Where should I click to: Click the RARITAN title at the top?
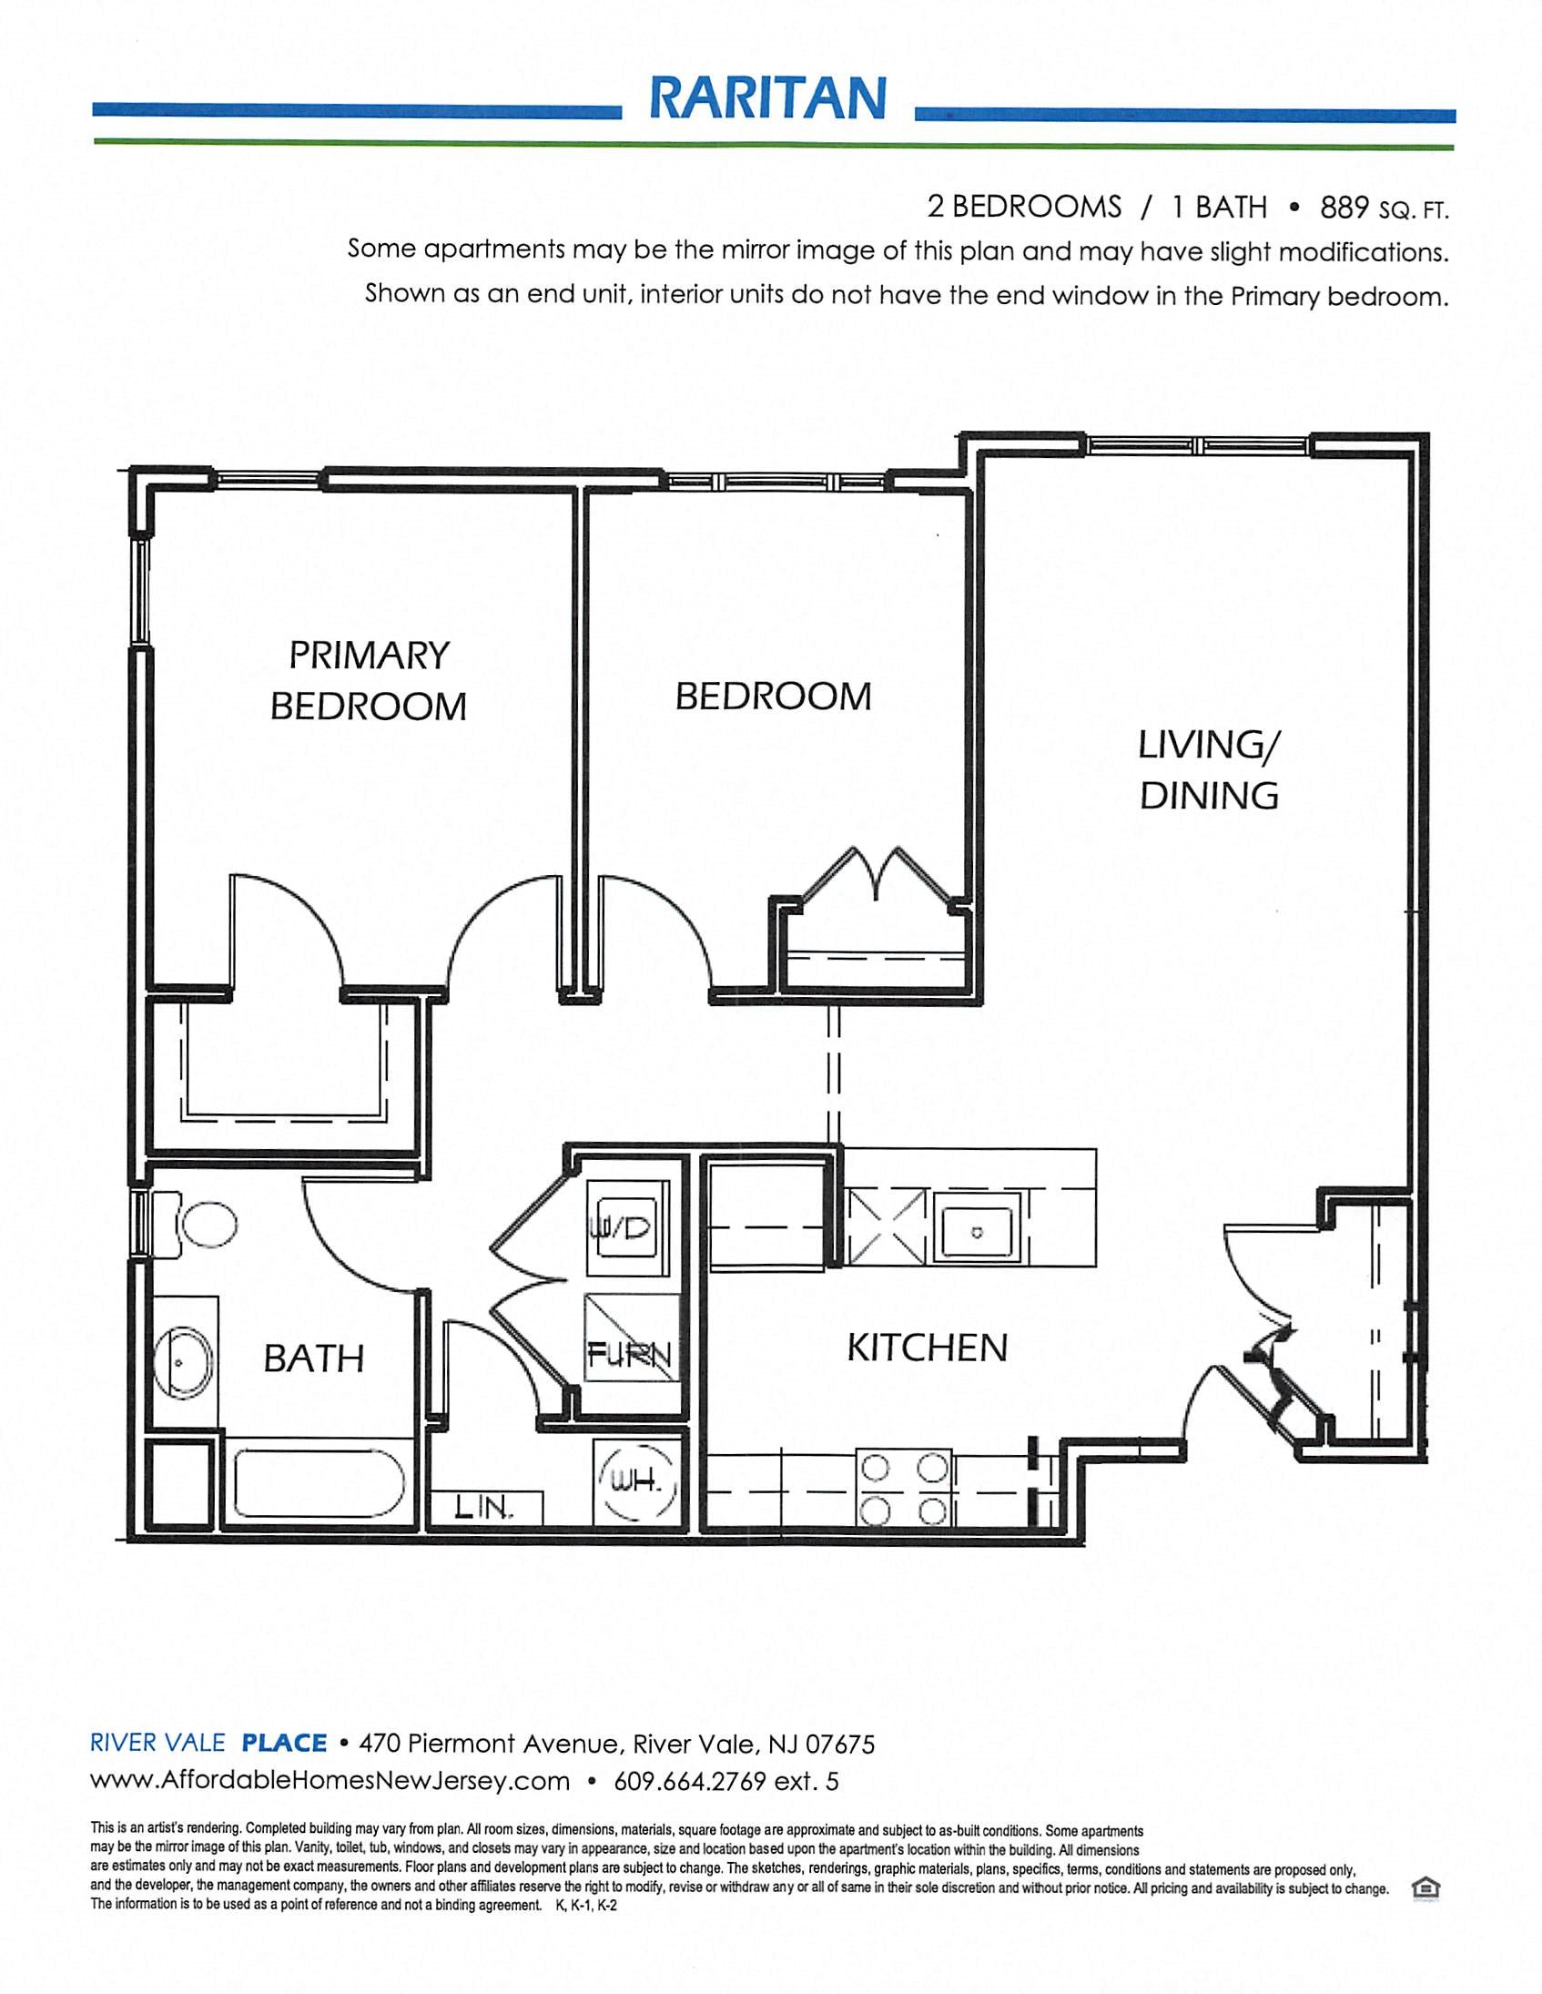pos(767,97)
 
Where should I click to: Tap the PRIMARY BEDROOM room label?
pos(368,680)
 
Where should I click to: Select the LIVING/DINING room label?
pos(1209,769)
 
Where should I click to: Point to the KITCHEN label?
pos(927,1348)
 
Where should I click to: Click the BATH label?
pos(313,1358)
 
